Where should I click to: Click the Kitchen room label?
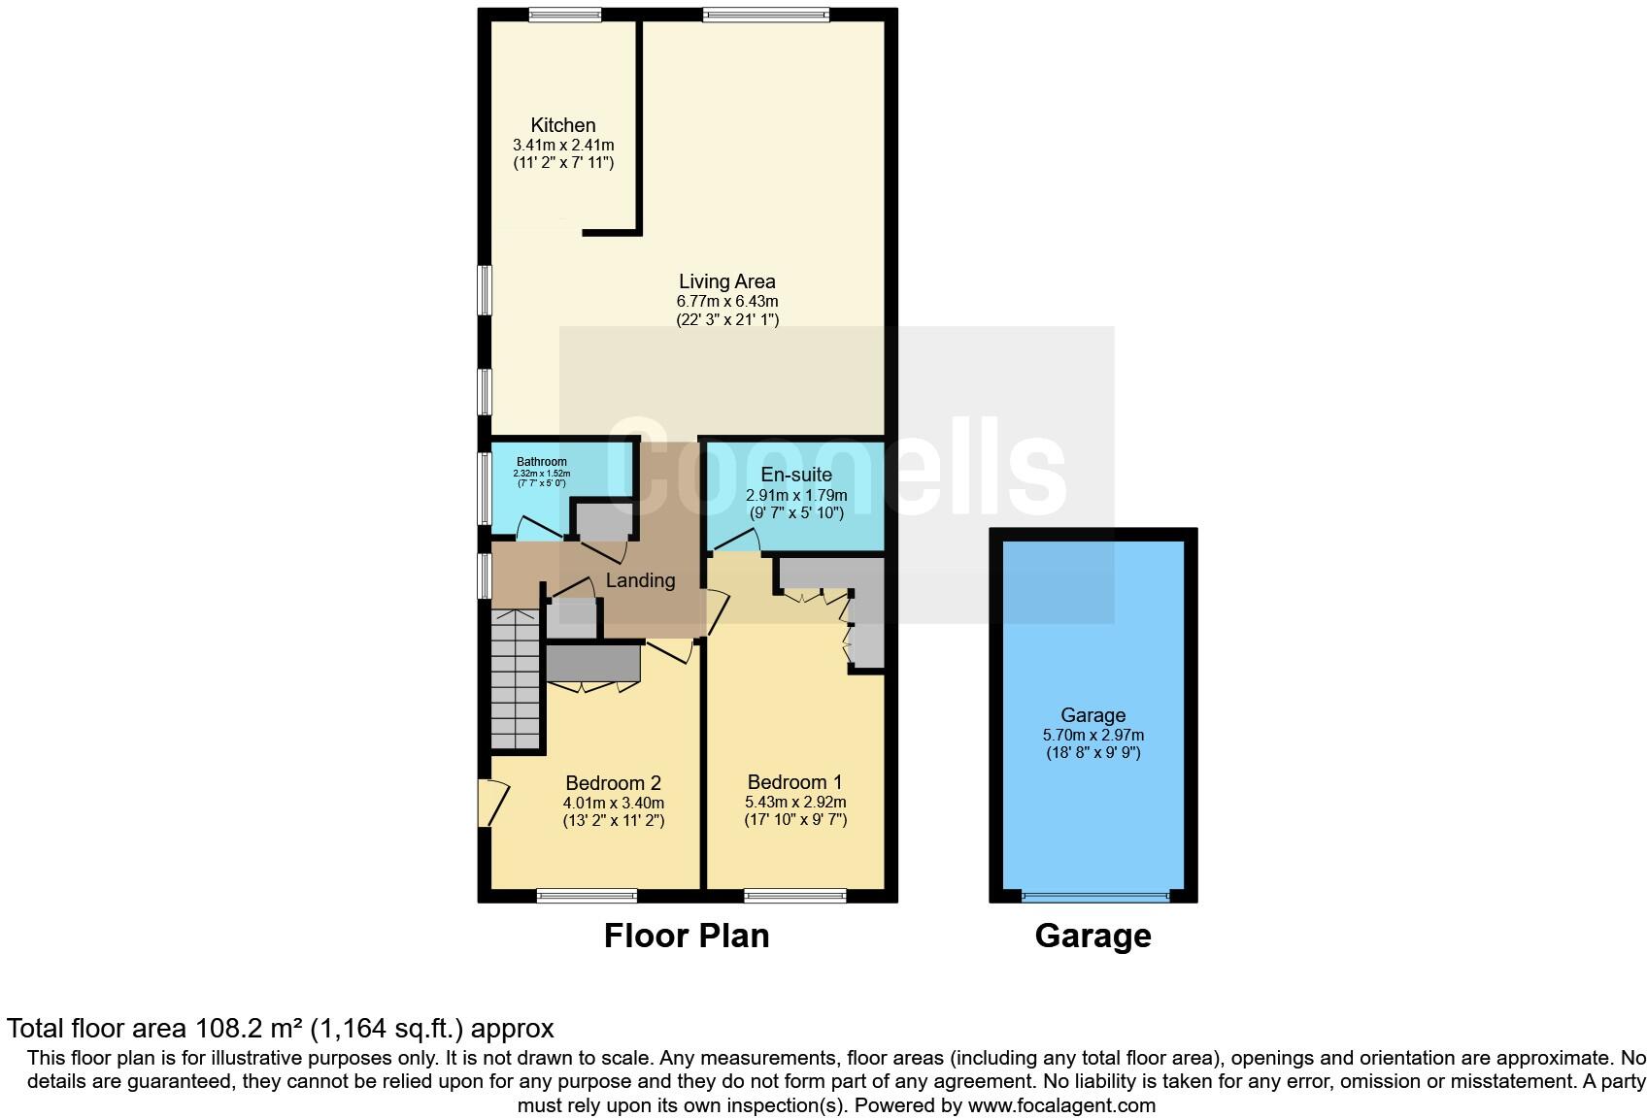(x=563, y=125)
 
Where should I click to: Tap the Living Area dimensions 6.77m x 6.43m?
(x=727, y=302)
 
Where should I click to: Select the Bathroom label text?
(x=541, y=462)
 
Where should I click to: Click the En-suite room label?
(x=795, y=475)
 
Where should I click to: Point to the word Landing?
(x=640, y=580)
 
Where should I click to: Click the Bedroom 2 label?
(x=613, y=783)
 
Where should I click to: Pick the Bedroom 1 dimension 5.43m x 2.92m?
(x=795, y=803)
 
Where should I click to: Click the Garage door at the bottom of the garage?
(x=1093, y=896)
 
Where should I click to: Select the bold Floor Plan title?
(x=687, y=936)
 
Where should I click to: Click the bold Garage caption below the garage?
(x=1092, y=936)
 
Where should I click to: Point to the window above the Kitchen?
(x=564, y=15)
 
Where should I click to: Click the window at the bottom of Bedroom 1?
(x=795, y=896)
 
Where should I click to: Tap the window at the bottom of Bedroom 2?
(x=587, y=896)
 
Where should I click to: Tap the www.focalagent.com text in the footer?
(x=1061, y=1105)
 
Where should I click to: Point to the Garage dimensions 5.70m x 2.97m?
(x=1092, y=736)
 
